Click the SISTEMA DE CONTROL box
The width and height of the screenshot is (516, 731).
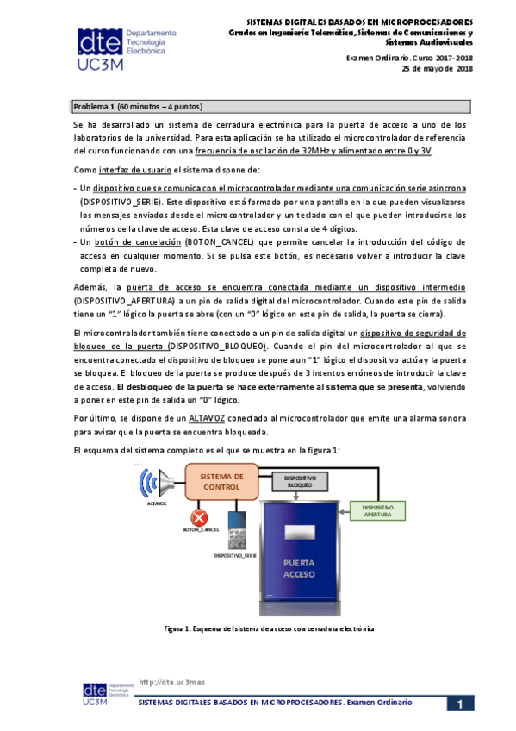click(221, 482)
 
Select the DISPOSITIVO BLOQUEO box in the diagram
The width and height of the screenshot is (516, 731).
click(295, 483)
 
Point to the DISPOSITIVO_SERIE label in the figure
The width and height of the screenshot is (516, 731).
click(235, 556)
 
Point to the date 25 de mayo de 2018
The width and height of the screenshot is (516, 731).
click(438, 68)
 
